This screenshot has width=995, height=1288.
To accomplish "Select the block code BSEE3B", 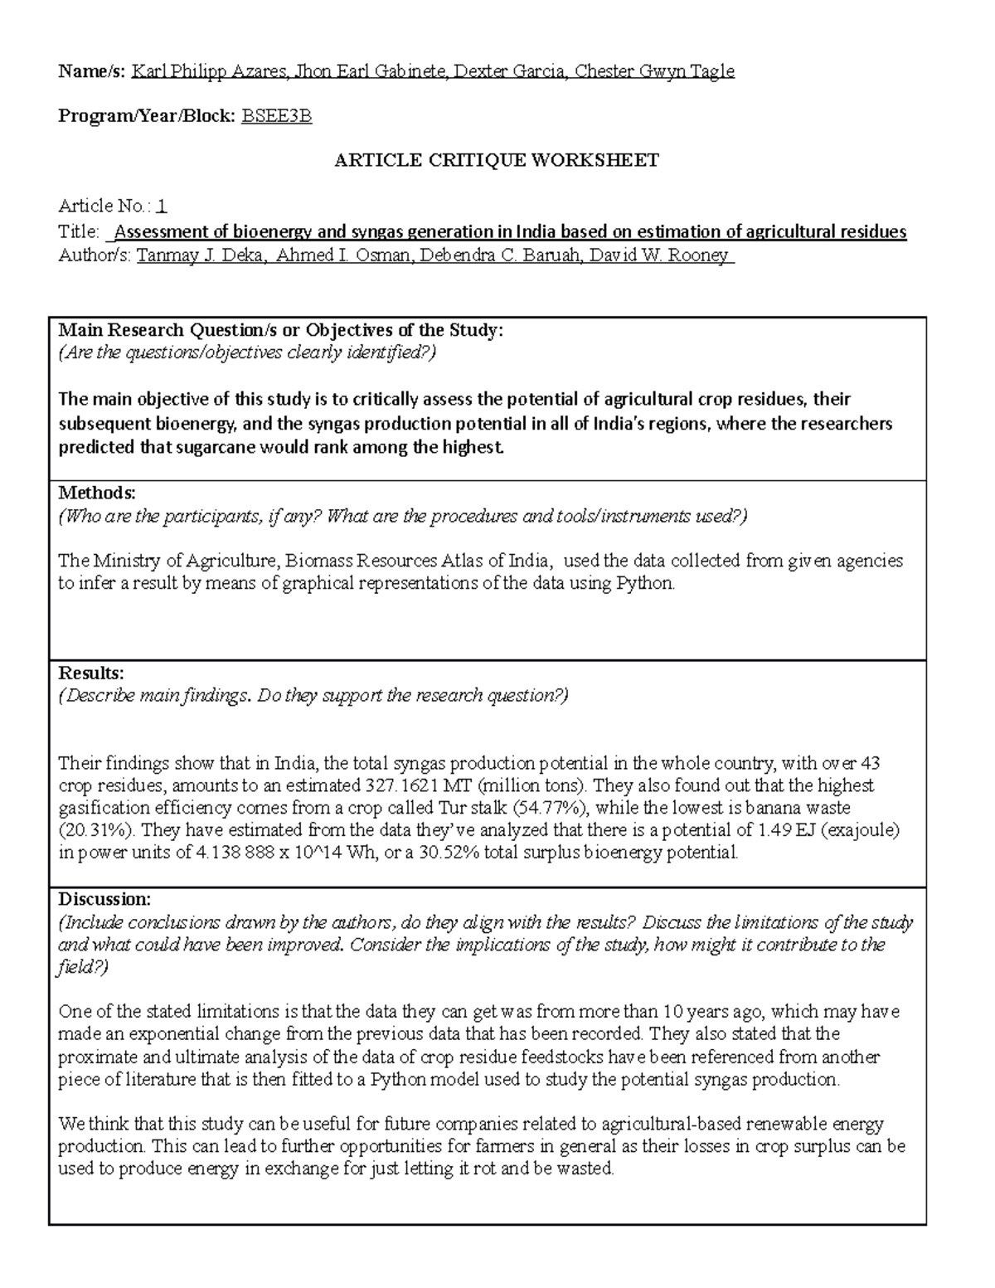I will coord(276,117).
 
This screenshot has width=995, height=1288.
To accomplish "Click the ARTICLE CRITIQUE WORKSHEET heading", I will coord(496,161).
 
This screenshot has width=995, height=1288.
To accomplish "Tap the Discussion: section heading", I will coord(104,900).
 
